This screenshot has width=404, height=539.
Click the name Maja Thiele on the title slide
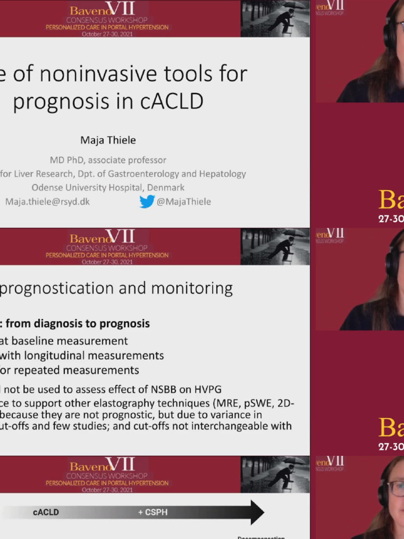pyautogui.click(x=107, y=140)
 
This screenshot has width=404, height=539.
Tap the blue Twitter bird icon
pyautogui.click(x=147, y=202)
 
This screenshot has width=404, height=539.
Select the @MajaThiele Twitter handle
pyautogui.click(x=184, y=202)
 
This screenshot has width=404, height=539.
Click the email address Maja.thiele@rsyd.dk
pyautogui.click(x=47, y=202)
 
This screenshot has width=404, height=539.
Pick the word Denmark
pyautogui.click(x=166, y=187)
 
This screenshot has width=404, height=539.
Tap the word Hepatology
pyautogui.click(x=221, y=174)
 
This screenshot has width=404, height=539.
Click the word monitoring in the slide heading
pyautogui.click(x=192, y=288)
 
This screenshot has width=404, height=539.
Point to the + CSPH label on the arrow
pyautogui.click(x=153, y=512)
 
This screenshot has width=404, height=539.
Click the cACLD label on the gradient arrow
pyautogui.click(x=46, y=512)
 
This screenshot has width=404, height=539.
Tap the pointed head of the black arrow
pyautogui.click(x=256, y=512)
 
